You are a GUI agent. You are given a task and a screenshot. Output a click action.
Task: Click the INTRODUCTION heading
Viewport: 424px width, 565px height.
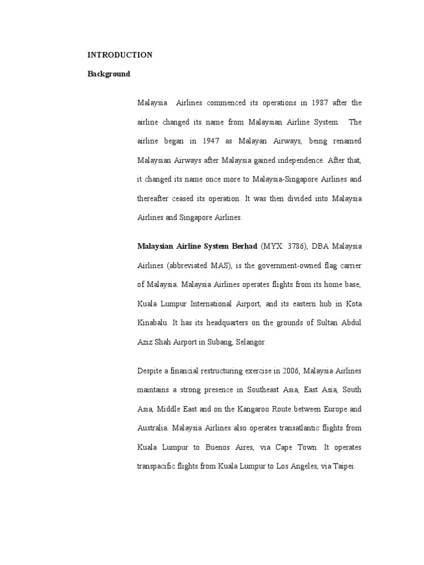120,55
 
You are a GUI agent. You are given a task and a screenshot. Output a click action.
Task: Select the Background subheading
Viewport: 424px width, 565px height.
109,74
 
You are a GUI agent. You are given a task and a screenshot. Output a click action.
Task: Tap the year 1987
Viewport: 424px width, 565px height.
321,103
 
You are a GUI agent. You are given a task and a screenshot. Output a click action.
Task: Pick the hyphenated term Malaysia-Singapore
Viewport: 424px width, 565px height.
280,179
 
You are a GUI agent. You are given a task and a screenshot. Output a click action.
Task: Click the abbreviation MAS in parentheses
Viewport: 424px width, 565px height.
218,265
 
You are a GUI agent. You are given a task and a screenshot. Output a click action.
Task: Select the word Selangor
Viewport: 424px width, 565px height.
251,342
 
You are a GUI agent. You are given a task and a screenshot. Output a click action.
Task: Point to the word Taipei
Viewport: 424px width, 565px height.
343,466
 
